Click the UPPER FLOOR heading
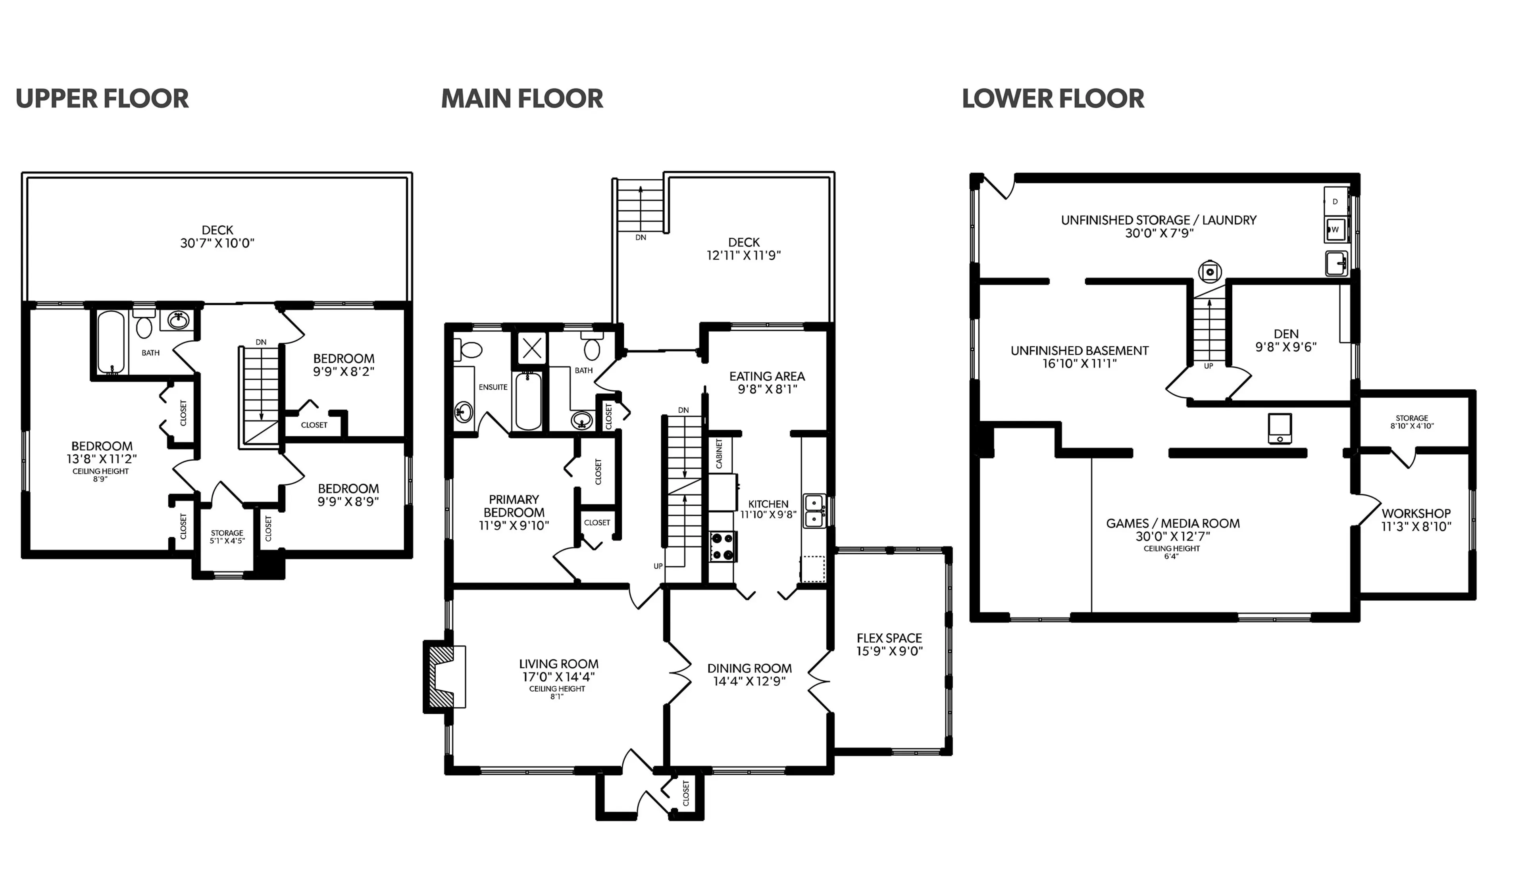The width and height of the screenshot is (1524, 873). (102, 99)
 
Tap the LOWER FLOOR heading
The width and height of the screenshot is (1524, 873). (1053, 99)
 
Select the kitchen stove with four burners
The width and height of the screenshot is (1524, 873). (722, 547)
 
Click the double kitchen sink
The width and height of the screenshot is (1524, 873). (814, 511)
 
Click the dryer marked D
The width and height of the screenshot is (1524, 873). (1335, 202)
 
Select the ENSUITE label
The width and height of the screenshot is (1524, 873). (493, 387)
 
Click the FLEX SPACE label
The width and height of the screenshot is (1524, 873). (889, 638)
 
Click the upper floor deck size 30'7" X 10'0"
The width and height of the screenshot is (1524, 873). (217, 243)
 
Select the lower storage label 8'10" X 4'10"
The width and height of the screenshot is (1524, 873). (1412, 426)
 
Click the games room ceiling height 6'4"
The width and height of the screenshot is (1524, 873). (1172, 556)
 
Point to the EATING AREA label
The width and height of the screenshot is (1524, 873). (767, 377)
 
